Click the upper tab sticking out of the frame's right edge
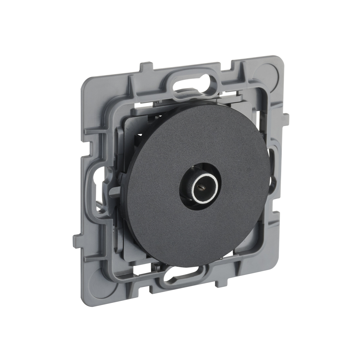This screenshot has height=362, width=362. coord(286,118)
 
